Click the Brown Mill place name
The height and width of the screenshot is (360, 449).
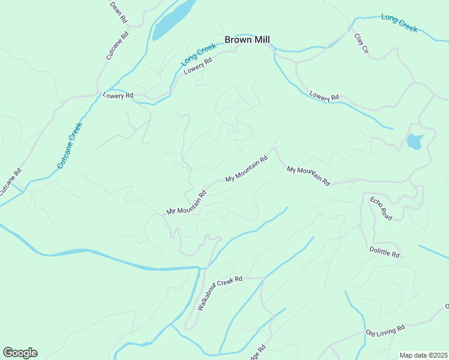tap(247, 40)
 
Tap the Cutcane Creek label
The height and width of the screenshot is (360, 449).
tap(69, 145)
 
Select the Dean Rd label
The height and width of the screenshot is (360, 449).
tap(118, 11)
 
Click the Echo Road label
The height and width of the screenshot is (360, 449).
tap(381, 208)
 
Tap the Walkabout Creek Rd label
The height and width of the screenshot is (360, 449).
tap(219, 293)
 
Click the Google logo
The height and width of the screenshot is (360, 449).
tap(20, 353)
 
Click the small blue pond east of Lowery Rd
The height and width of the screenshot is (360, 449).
tap(415, 142)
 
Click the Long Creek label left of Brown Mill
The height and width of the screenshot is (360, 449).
tap(198, 54)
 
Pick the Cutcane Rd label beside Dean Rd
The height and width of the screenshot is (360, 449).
tap(118, 46)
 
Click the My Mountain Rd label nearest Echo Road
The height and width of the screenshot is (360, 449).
tap(309, 175)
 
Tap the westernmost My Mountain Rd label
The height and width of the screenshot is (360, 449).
tap(186, 203)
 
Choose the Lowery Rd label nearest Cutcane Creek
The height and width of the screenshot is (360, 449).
tap(118, 95)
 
